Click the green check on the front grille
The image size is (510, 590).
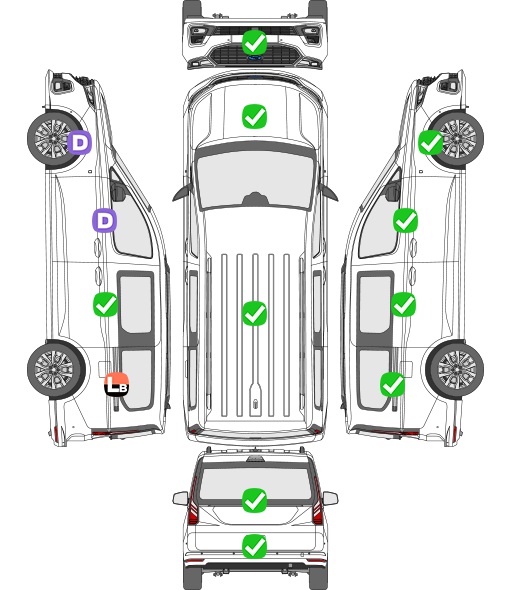(254, 42)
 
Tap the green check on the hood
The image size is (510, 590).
(254, 116)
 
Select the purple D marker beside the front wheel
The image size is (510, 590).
(79, 142)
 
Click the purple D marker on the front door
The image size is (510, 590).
(104, 220)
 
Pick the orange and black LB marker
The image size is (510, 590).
(117, 384)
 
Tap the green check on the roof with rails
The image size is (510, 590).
(254, 313)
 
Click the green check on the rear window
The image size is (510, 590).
(254, 500)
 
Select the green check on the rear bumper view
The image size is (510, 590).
(254, 546)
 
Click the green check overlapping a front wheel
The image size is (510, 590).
(431, 143)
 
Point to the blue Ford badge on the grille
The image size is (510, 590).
(254, 58)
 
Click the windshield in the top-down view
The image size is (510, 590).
(255, 178)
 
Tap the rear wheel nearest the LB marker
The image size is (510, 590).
(56, 369)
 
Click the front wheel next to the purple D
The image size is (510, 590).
(55, 138)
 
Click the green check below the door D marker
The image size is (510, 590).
(105, 304)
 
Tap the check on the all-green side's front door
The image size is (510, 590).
(405, 220)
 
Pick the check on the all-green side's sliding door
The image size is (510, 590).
(403, 304)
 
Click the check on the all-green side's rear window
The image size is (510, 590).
(393, 384)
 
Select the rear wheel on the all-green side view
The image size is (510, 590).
(455, 369)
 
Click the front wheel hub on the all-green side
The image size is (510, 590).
(457, 138)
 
